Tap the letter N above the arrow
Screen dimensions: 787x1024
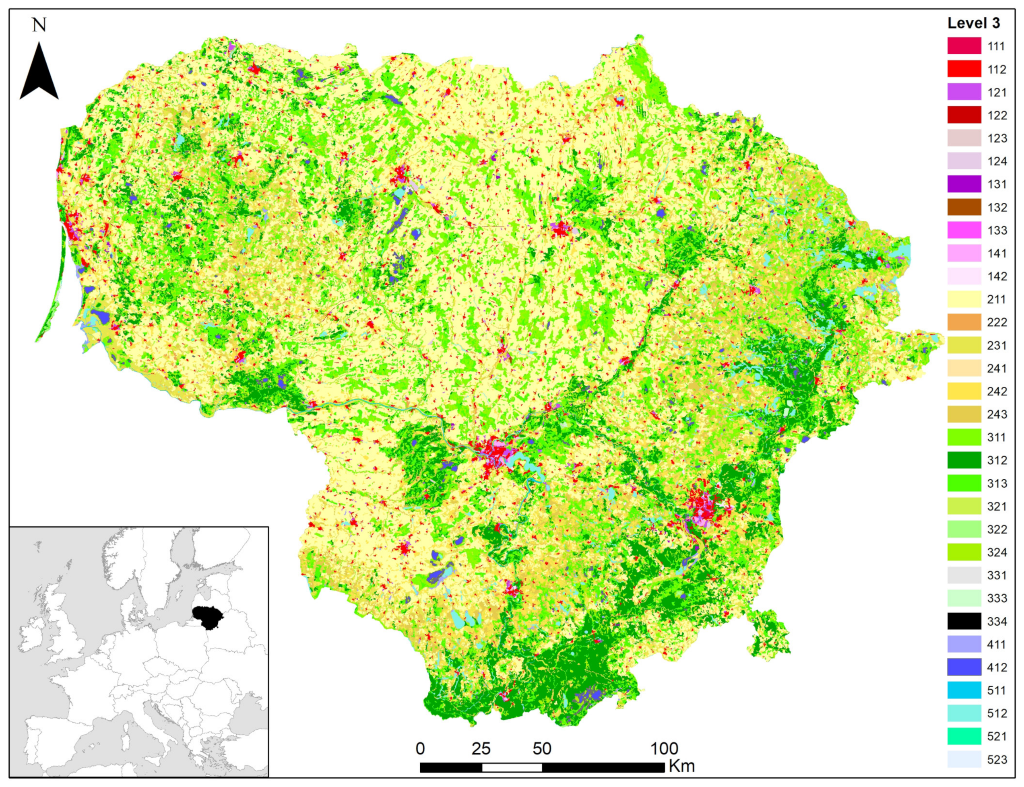click(39, 25)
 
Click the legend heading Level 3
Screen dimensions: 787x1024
click(973, 23)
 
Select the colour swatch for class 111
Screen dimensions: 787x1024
click(964, 46)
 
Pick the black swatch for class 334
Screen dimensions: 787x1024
click(964, 621)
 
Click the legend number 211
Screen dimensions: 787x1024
click(996, 299)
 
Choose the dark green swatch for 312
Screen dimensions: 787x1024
click(964, 460)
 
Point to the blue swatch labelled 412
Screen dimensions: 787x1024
click(964, 667)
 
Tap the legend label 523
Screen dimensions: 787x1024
click(996, 759)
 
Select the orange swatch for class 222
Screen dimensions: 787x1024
click(964, 322)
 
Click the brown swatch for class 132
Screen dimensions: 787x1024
click(964, 207)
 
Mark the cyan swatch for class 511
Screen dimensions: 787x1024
click(964, 690)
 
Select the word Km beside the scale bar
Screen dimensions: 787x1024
click(682, 766)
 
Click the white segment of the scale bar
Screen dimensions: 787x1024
click(512, 767)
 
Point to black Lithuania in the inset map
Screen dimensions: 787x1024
click(208, 617)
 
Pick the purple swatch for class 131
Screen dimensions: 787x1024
click(964, 184)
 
